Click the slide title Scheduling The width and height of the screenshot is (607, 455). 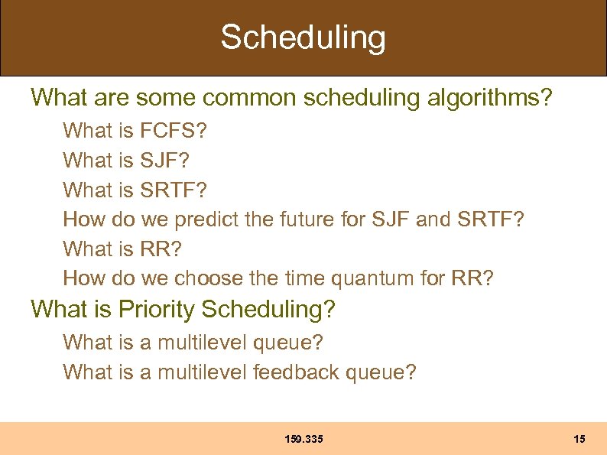pyautogui.click(x=303, y=37)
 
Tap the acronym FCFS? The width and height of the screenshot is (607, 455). pyautogui.click(x=174, y=131)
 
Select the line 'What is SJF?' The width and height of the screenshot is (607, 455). pyautogui.click(x=126, y=161)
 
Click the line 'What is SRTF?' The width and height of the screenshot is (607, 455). pyautogui.click(x=135, y=190)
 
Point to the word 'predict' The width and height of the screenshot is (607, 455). pyautogui.click(x=206, y=219)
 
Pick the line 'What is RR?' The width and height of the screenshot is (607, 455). pyautogui.click(x=123, y=249)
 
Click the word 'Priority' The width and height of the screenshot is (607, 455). pyautogui.click(x=157, y=310)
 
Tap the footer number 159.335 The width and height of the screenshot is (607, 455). pyautogui.click(x=303, y=439)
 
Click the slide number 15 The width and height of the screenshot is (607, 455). pyautogui.click(x=579, y=439)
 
